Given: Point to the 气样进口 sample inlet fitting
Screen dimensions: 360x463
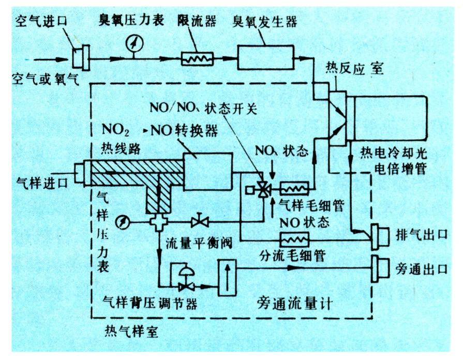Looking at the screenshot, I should pos(80,174).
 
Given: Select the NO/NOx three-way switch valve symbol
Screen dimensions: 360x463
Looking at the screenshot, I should pos(264,190).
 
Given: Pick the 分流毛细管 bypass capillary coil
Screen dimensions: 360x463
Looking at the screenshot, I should pos(294,239).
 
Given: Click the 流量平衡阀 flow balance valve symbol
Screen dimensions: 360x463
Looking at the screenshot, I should pos(199,222).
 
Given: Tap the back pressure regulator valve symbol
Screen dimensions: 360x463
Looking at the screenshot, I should pos(183,282).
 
